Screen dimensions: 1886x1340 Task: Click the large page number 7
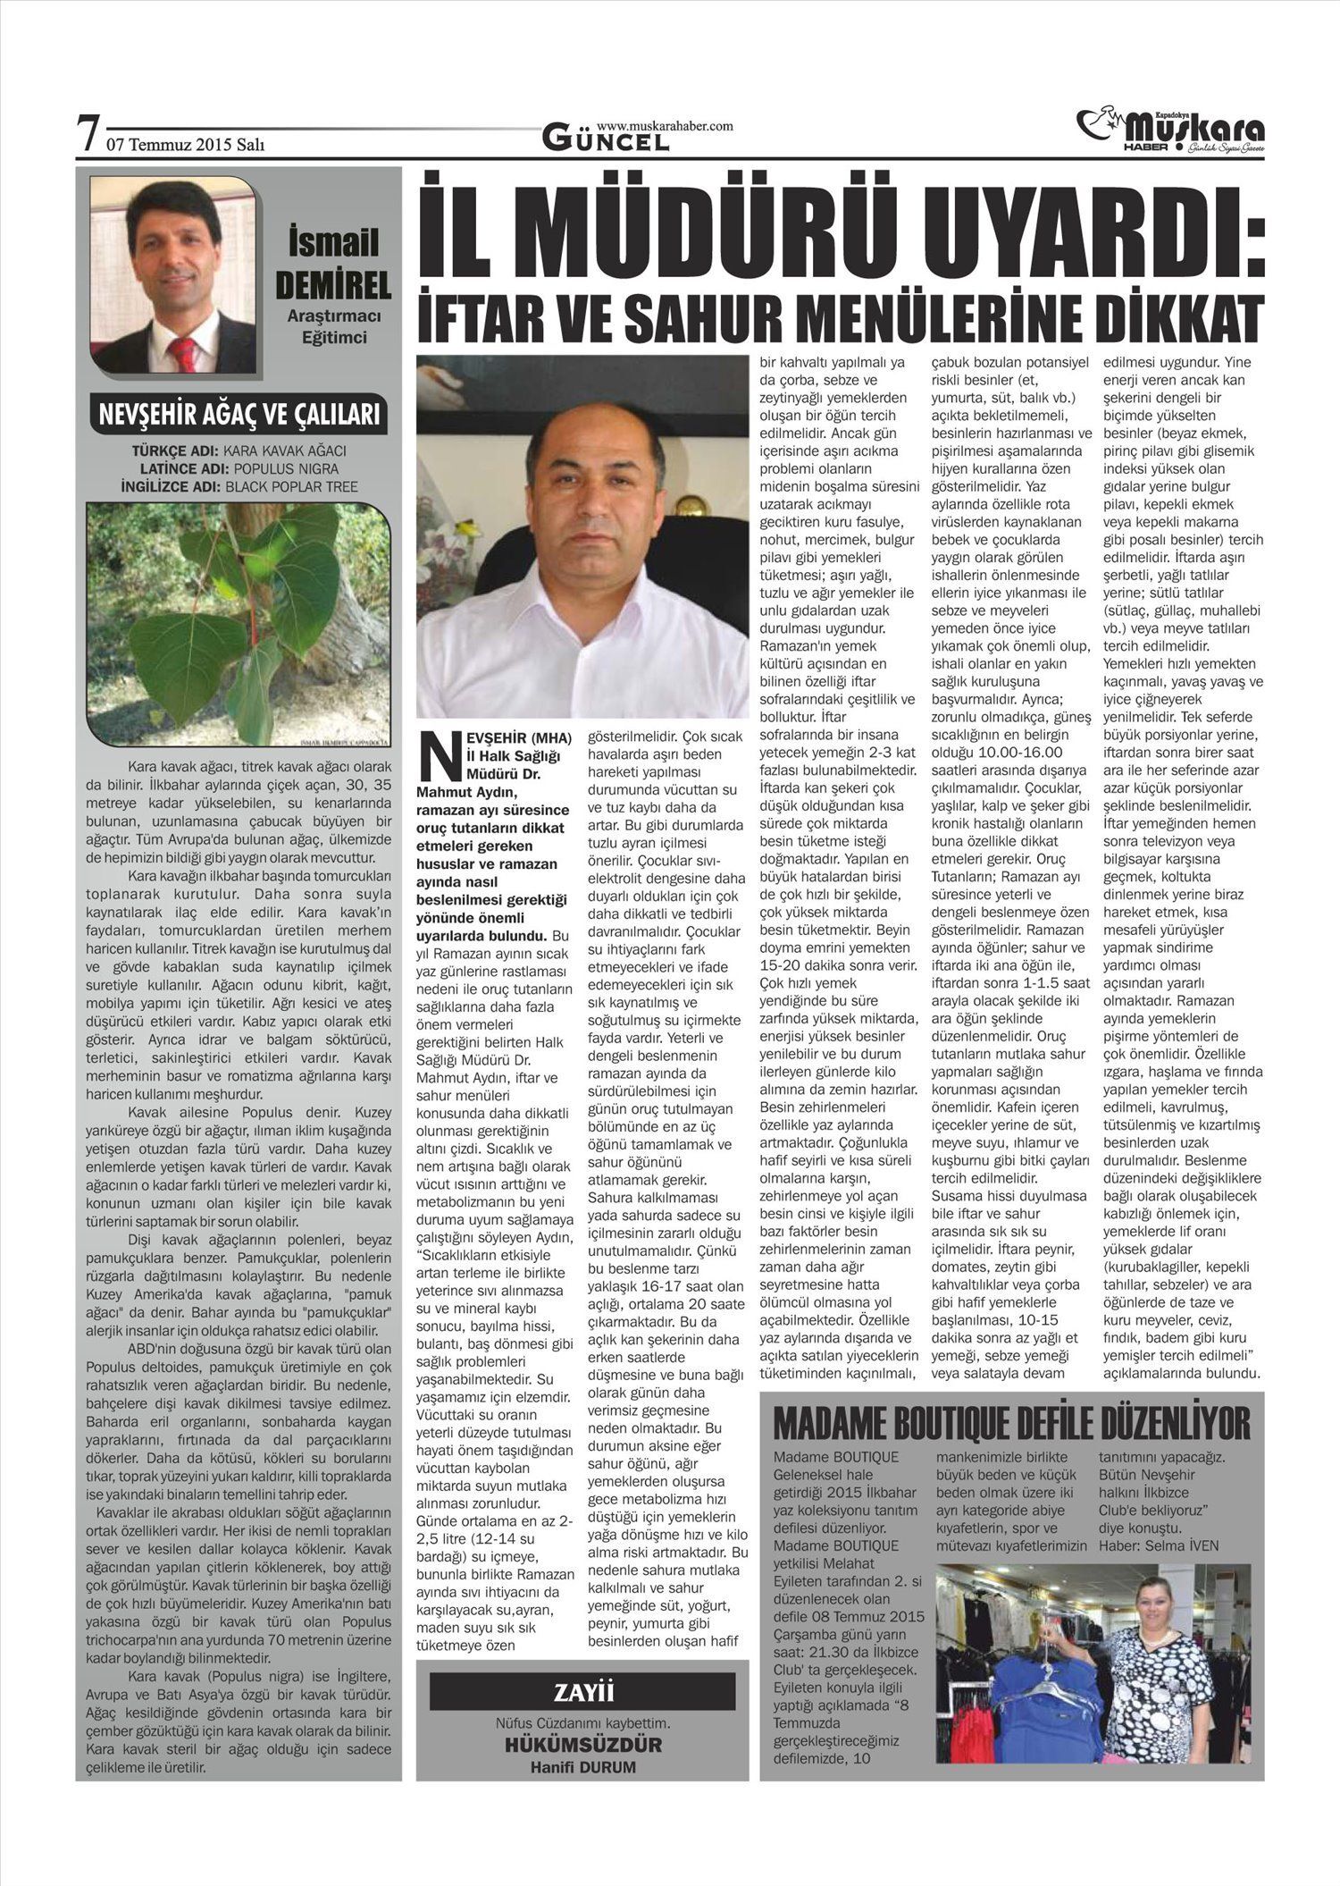88,134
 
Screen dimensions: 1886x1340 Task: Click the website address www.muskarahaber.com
665,126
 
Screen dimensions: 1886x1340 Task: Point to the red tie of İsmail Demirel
184,354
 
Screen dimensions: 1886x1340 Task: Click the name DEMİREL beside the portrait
333,285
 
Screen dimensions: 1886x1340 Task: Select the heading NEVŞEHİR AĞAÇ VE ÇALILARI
239,415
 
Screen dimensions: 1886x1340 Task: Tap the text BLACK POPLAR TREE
291,486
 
